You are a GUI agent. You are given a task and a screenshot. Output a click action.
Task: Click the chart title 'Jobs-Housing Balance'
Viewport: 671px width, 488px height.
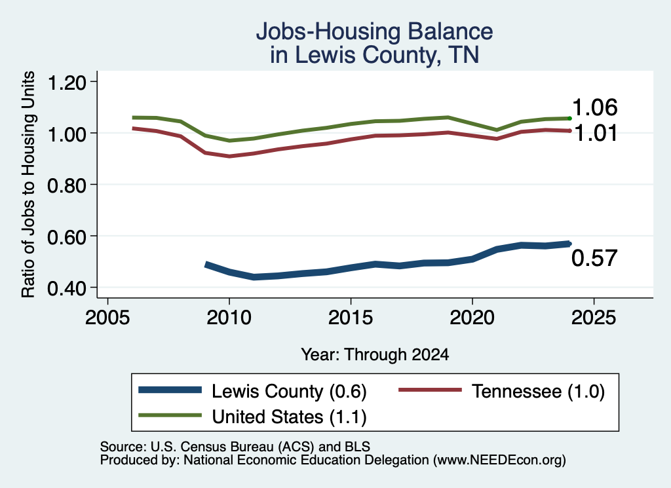point(374,31)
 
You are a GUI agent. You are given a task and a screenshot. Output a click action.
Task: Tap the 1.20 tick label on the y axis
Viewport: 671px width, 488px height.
point(66,83)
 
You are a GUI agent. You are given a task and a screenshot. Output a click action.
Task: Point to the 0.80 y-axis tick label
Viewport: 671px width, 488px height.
point(66,185)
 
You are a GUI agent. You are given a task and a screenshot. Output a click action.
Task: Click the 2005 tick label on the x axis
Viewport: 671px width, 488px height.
point(107,318)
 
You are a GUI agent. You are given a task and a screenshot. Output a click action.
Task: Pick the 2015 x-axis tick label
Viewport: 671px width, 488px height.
point(351,318)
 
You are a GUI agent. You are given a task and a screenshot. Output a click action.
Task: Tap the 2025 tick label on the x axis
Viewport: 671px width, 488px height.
point(594,318)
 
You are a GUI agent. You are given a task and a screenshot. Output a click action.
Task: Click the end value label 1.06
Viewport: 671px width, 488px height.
point(595,107)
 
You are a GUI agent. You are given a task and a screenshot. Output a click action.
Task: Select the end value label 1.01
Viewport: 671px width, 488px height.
point(596,134)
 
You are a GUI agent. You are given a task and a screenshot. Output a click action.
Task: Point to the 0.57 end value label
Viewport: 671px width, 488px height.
point(594,258)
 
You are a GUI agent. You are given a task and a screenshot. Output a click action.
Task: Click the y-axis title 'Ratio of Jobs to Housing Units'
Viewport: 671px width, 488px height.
point(28,184)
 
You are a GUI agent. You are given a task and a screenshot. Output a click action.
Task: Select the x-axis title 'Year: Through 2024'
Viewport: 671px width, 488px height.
point(375,354)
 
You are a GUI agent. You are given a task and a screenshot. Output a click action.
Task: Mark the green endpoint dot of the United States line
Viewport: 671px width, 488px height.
point(569,118)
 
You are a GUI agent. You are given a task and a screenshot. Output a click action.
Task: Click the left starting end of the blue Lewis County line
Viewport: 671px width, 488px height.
point(206,265)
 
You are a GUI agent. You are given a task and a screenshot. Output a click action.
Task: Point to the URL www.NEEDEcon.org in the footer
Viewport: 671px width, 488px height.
point(499,460)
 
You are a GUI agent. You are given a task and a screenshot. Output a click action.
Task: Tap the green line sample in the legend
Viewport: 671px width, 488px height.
point(170,415)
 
